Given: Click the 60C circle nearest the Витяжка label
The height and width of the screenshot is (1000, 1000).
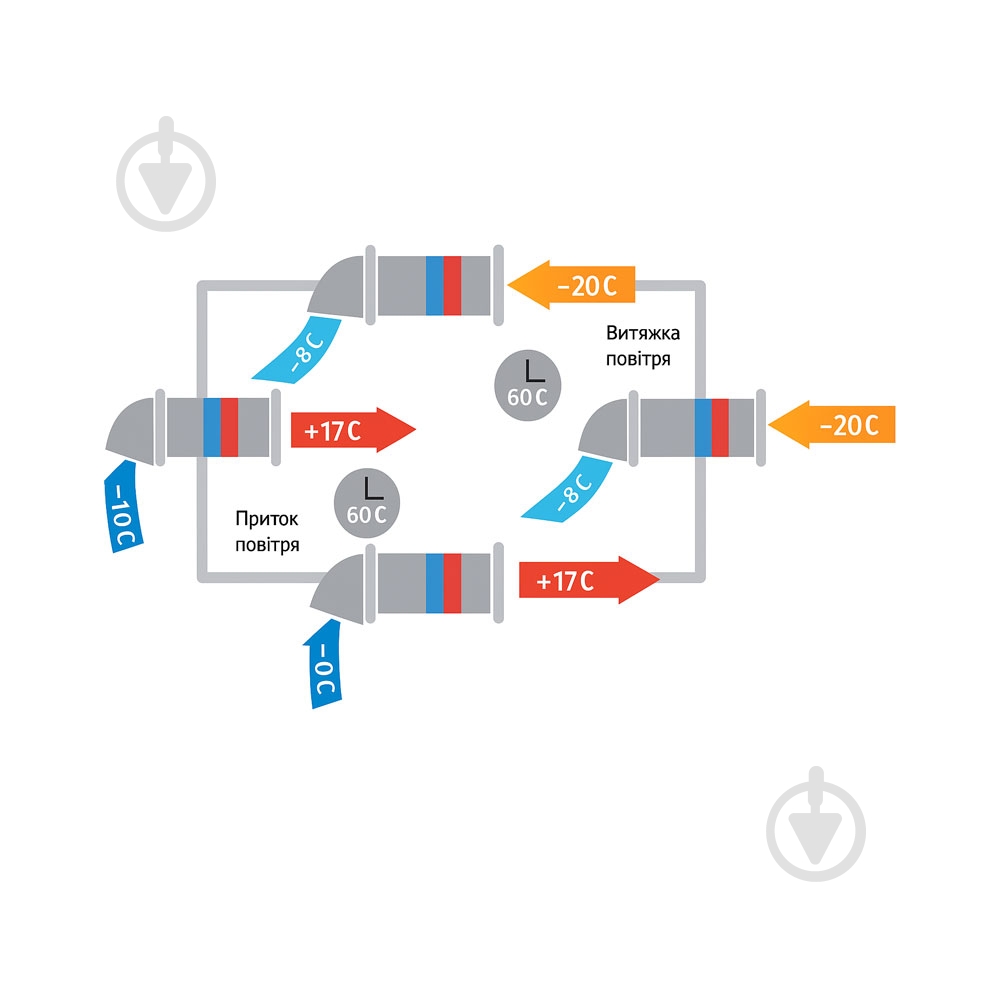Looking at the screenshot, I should point(527,383).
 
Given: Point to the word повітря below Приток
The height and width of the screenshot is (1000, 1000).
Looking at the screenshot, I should point(267,544).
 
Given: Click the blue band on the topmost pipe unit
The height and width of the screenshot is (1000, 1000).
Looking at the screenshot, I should point(434,285).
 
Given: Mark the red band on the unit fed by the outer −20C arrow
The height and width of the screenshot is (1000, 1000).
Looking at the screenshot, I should point(720,430).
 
